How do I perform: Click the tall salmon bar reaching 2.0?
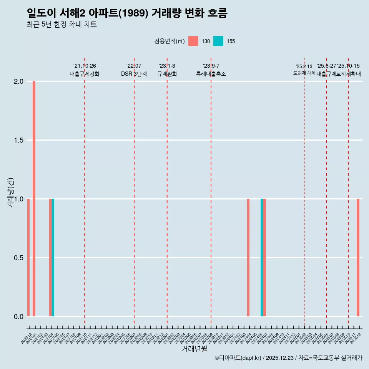pyautogui.click(x=34, y=199)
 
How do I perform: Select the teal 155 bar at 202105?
pyautogui.click(x=53, y=258)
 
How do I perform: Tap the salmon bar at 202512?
pyautogui.click(x=358, y=258)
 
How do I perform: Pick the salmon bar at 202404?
pyautogui.click(x=248, y=258)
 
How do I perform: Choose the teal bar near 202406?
pyautogui.click(x=262, y=258)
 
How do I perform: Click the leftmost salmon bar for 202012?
pyautogui.click(x=28, y=258)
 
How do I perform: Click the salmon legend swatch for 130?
pyautogui.click(x=193, y=41)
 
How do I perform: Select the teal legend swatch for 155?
pyautogui.click(x=218, y=41)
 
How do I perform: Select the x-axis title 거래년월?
pyautogui.click(x=194, y=349)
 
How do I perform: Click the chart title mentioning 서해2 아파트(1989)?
pyautogui.click(x=127, y=13)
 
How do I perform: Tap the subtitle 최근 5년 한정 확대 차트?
pyautogui.click(x=61, y=25)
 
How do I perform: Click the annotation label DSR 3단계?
pyautogui.click(x=134, y=74)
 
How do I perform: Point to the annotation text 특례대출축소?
pyautogui.click(x=211, y=74)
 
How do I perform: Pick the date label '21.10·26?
pyautogui.click(x=85, y=66)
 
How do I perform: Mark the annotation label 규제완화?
pyautogui.click(x=167, y=74)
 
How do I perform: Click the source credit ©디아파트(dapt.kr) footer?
pyautogui.click(x=288, y=358)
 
